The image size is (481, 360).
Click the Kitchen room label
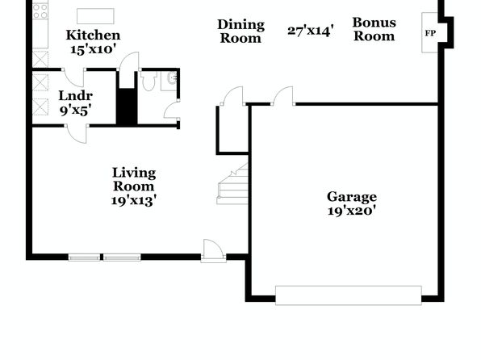pyautogui.click(x=93, y=36)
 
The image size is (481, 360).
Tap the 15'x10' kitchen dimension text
pyautogui.click(x=93, y=49)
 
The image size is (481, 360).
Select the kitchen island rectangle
pyautogui.click(x=95, y=16)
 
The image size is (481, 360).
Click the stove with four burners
pyautogui.click(x=40, y=11)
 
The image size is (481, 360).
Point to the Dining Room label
pyautogui.click(x=240, y=31)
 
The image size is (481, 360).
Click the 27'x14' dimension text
pyautogui.click(x=311, y=31)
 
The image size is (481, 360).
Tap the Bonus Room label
pyautogui.click(x=374, y=29)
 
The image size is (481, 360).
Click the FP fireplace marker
pyautogui.click(x=430, y=33)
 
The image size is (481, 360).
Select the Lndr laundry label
pyautogui.click(x=76, y=96)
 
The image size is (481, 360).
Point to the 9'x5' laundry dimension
pyautogui.click(x=76, y=110)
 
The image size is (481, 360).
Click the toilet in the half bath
pyautogui.click(x=148, y=81)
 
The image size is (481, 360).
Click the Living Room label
pyautogui.click(x=134, y=179)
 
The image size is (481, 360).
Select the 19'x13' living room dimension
pyautogui.click(x=134, y=200)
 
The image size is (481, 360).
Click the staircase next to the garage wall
pyautogui.click(x=232, y=184)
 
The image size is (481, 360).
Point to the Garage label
pyautogui.click(x=352, y=197)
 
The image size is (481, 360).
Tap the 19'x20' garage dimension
pyautogui.click(x=352, y=211)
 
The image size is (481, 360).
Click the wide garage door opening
pyautogui.click(x=349, y=295)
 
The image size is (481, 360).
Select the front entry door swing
pyautogui.click(x=213, y=251)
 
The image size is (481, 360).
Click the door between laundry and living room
pyautogui.click(x=77, y=134)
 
